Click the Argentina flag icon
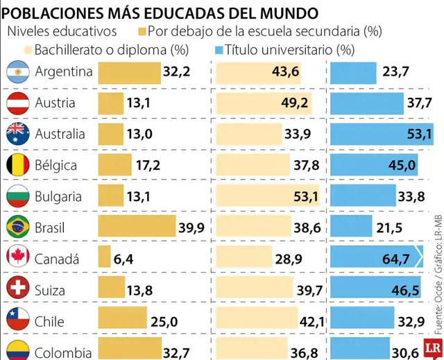point(16,71)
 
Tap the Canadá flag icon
point(16,259)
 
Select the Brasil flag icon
point(16,228)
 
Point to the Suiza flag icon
point(16,290)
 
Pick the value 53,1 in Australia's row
point(419,134)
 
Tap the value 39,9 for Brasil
point(191,228)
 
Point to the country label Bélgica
point(55,166)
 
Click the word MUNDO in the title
point(284,12)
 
